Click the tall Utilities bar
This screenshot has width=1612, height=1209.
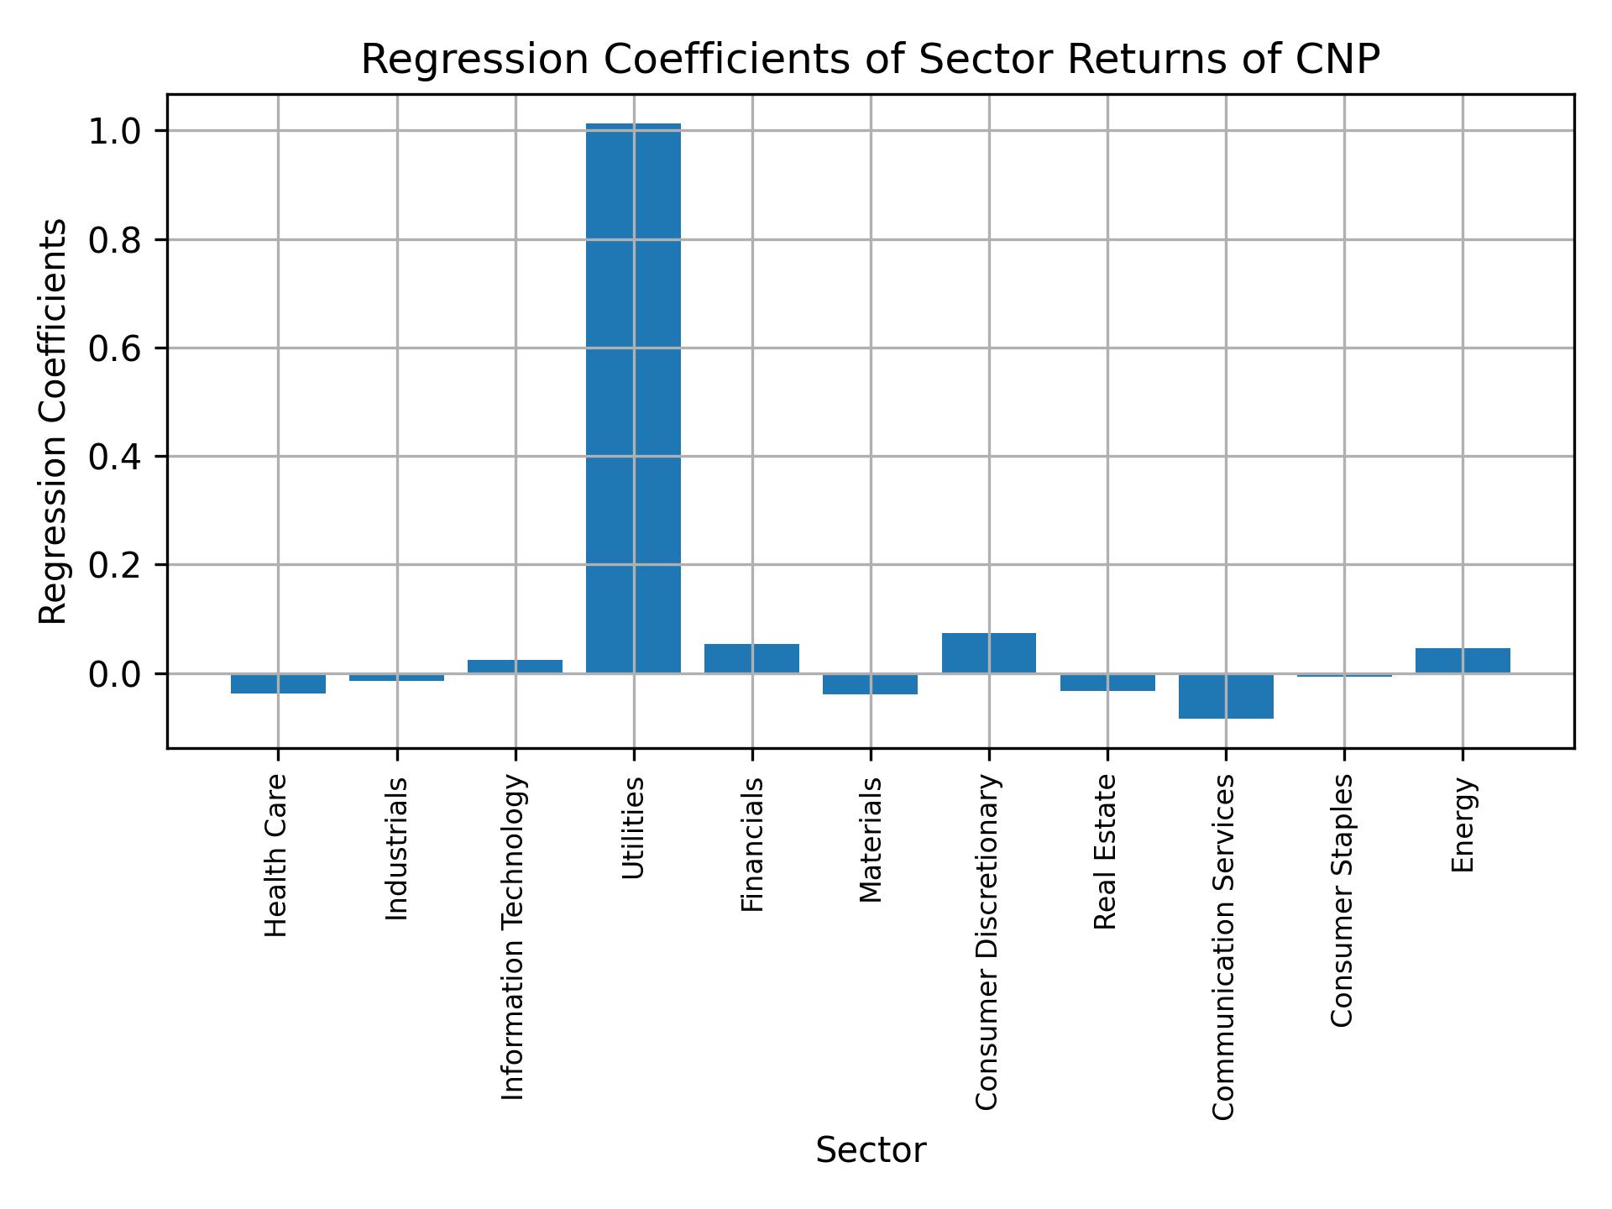[x=633, y=399]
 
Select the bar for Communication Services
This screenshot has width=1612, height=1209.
[x=1226, y=696]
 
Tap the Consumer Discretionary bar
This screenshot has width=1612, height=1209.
[x=989, y=653]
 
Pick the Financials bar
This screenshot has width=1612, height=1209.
[x=751, y=658]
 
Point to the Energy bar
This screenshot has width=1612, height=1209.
[x=1463, y=661]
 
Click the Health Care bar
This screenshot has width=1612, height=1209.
[x=278, y=683]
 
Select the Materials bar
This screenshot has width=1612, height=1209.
[x=871, y=684]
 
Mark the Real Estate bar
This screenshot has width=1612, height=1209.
[x=1107, y=683]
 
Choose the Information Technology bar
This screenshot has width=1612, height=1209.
[x=515, y=667]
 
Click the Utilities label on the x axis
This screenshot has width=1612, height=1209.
[x=634, y=828]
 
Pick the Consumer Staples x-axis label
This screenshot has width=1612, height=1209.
[x=1343, y=900]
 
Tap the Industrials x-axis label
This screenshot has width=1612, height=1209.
[x=397, y=848]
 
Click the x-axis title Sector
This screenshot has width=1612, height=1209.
[x=871, y=1151]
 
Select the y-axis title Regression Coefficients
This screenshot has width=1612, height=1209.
[x=54, y=421]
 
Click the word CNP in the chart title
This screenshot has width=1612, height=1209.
[x=1341, y=60]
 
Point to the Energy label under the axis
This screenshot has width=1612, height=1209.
[x=1463, y=824]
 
